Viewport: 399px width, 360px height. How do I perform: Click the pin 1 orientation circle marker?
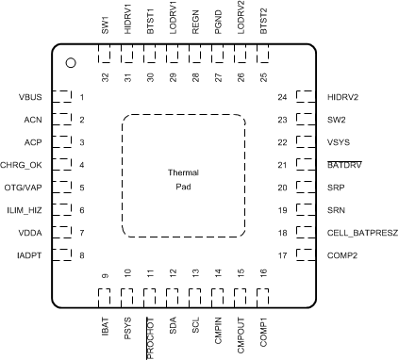[70, 63]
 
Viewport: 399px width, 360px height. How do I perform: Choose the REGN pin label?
[195, 21]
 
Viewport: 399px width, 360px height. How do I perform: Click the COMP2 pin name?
[341, 255]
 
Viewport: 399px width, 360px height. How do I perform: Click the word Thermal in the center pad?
[184, 173]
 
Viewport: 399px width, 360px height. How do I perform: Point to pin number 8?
[82, 255]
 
